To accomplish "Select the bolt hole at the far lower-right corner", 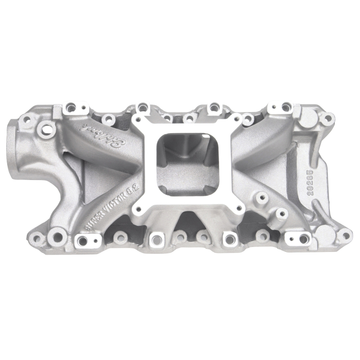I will [x=344, y=234].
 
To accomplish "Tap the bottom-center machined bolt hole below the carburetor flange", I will [x=155, y=237].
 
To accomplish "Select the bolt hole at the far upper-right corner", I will [x=327, y=118].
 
